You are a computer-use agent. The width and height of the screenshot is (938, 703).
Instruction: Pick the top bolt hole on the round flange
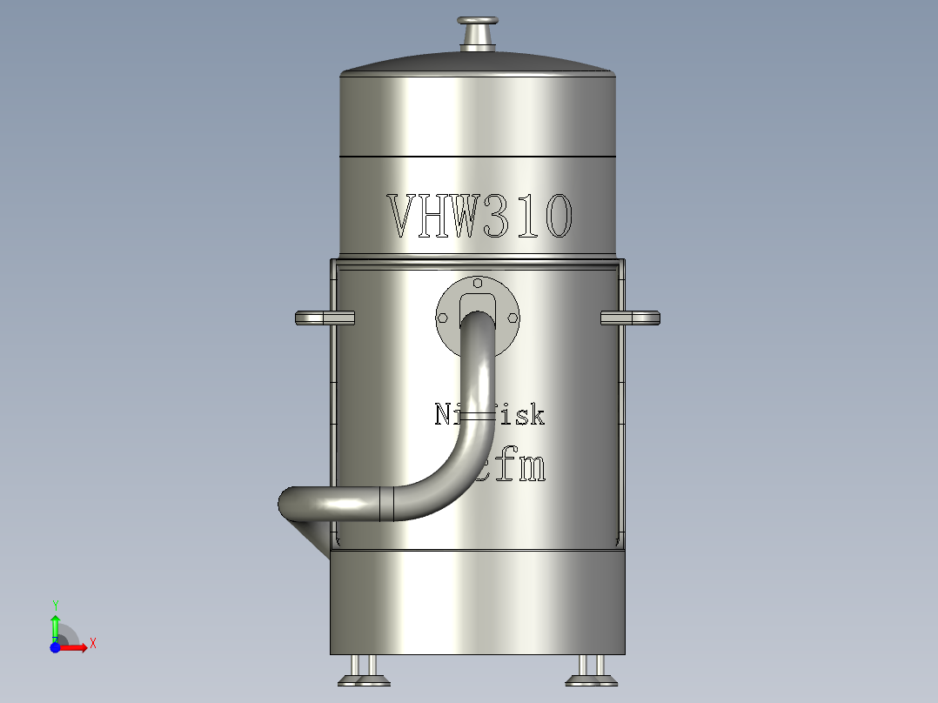click(478, 283)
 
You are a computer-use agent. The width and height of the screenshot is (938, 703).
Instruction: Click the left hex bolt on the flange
click(444, 318)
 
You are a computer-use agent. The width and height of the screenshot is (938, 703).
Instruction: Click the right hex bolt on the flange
click(511, 318)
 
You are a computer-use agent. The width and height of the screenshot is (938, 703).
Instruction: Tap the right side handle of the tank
click(632, 318)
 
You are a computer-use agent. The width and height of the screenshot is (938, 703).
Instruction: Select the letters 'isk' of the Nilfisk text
click(525, 415)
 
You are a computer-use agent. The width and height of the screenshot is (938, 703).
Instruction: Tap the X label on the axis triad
click(93, 644)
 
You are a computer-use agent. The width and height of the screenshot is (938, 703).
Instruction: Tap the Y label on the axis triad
click(55, 604)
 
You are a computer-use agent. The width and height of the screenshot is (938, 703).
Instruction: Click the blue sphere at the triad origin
click(55, 647)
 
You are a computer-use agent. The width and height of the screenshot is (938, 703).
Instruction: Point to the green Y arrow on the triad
click(55, 625)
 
